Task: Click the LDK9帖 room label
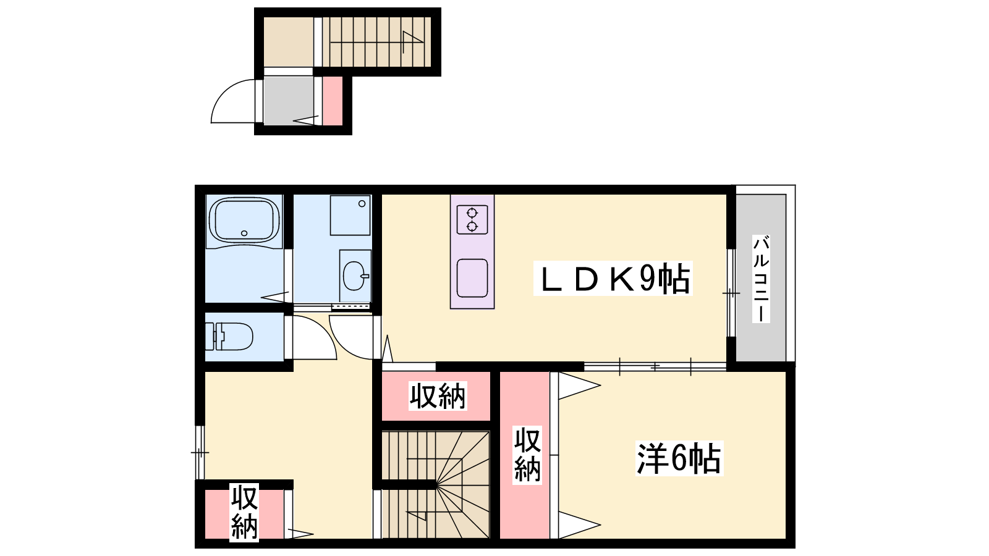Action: (x=613, y=279)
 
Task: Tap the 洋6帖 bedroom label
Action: (x=679, y=458)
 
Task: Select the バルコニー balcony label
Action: (x=761, y=279)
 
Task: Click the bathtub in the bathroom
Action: (x=244, y=220)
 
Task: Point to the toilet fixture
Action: (x=229, y=337)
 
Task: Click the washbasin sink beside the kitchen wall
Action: (x=355, y=276)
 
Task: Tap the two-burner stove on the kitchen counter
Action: (x=472, y=219)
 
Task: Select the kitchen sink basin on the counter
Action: (x=472, y=278)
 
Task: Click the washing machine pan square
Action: (x=350, y=216)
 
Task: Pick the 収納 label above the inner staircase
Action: (x=438, y=396)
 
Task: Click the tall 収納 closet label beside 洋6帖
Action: (x=527, y=455)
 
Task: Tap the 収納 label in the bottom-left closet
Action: (x=244, y=512)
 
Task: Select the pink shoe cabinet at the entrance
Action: (x=333, y=101)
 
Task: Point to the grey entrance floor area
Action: (x=289, y=101)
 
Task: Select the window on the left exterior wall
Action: (x=200, y=452)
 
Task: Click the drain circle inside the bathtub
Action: (x=244, y=234)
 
